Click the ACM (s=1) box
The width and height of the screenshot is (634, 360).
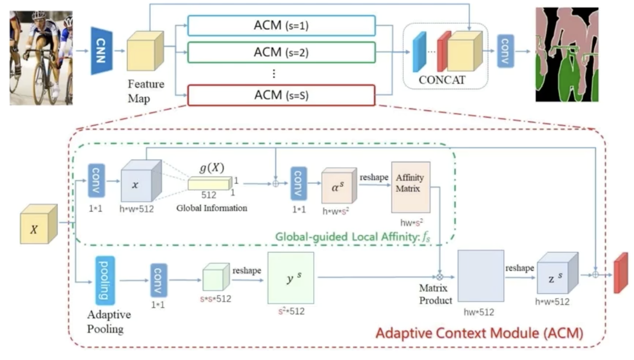281,26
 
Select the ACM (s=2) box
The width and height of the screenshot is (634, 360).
281,52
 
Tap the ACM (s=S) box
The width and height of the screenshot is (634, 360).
281,95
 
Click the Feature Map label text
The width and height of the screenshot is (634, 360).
146,91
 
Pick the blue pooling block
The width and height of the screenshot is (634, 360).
104,280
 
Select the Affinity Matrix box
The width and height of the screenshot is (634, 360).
410,187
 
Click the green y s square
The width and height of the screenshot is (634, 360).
290,278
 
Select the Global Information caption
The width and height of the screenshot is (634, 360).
212,208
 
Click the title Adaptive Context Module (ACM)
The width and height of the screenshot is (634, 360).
479,333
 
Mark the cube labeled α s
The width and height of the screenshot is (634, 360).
339,187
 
